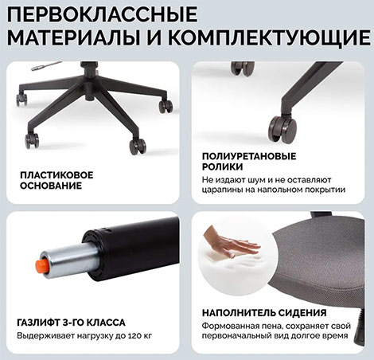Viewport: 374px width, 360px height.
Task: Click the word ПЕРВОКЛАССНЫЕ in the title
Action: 102,14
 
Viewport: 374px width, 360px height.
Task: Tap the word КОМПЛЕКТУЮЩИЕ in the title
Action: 269,37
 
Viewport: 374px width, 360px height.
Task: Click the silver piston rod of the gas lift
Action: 69,260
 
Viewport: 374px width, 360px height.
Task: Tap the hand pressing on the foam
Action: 232,244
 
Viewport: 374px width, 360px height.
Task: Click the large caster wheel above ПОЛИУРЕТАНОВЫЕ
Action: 282,129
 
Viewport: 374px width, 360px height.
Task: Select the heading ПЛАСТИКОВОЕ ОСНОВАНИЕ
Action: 56,180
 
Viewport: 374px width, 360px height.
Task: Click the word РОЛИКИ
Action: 222,166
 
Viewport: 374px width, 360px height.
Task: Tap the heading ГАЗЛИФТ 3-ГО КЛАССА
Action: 71,323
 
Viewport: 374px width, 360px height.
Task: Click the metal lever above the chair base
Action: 46,66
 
